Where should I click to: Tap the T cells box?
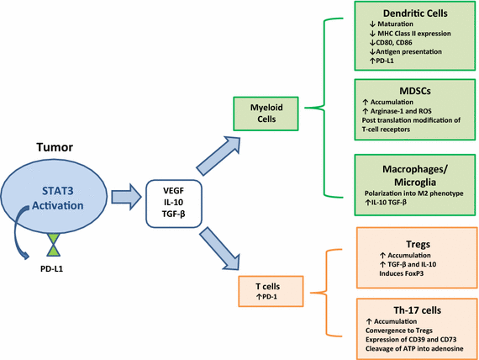coord(268,290)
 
